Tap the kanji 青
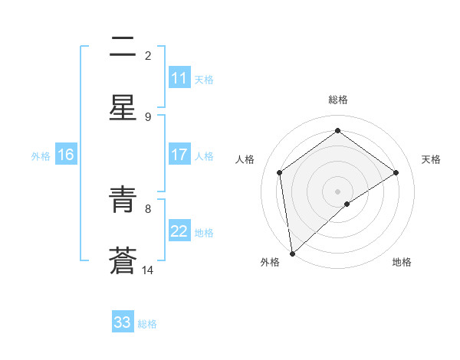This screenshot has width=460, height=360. (123, 201)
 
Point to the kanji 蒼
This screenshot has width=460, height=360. (123, 260)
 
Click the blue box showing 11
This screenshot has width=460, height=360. (179, 78)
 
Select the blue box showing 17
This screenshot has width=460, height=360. (179, 155)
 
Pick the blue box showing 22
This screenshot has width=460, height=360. (179, 231)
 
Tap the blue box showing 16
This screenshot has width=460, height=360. (66, 155)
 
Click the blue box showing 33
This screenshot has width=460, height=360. (123, 322)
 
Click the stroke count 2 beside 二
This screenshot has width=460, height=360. (148, 55)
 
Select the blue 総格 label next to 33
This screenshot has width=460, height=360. (147, 324)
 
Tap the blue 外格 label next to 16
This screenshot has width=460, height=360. (41, 156)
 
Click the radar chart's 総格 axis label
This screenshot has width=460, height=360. (338, 100)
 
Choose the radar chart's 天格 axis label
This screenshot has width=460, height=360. (431, 159)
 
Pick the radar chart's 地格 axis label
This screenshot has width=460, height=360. (402, 262)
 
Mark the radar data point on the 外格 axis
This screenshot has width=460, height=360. (291, 254)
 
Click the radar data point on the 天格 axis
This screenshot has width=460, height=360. (396, 172)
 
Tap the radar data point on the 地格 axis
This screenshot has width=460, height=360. (347, 204)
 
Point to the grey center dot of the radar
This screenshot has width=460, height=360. (338, 191)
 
